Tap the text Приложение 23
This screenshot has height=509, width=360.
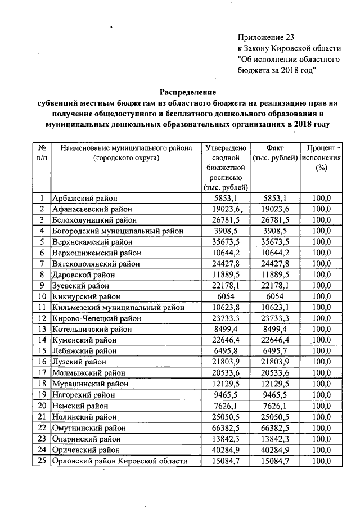[x=266, y=37]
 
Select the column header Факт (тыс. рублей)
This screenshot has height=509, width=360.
[x=275, y=152]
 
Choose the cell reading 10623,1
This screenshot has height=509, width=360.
[x=275, y=307]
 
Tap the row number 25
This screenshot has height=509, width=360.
[x=42, y=461]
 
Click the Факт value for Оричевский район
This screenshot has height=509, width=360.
[x=275, y=450]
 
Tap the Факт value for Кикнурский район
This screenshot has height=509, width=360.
[x=275, y=296]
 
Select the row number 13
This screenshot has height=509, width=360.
[x=42, y=329]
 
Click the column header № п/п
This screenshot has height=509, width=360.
[x=42, y=152]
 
